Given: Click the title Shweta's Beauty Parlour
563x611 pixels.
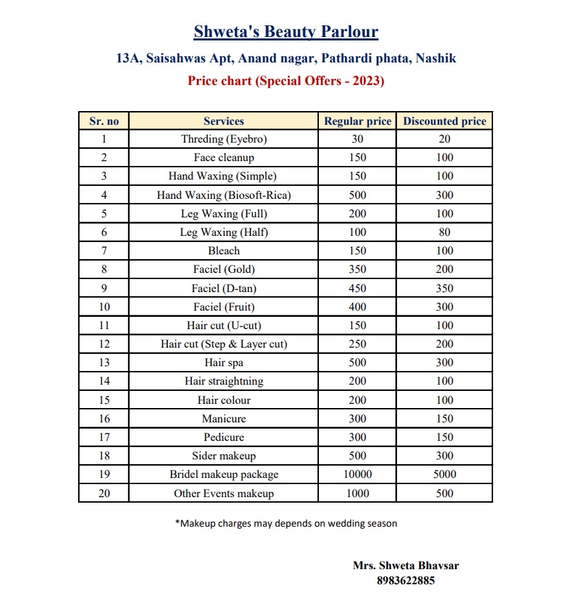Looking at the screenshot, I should click(286, 32).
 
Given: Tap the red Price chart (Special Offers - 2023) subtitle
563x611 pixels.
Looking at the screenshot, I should click(286, 81).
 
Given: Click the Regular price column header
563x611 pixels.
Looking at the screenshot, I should click(357, 121).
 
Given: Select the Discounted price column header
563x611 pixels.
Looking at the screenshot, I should click(444, 121).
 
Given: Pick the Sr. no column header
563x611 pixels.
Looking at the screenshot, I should click(104, 121).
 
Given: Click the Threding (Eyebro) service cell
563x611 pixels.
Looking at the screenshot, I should click(224, 139).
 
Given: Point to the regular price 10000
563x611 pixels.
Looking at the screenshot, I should click(357, 475).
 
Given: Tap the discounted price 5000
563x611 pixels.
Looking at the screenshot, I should click(444, 475).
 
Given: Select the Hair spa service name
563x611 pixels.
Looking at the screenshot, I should click(224, 363).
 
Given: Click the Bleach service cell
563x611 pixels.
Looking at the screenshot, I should click(224, 251).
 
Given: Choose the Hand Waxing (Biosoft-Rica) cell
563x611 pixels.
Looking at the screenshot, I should click(224, 195).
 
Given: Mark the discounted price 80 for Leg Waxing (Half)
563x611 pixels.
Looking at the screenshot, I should click(444, 232).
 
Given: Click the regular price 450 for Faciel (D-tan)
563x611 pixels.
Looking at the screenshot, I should click(357, 289).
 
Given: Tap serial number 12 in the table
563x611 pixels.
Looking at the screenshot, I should click(104, 344).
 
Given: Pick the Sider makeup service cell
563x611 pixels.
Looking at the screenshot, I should click(224, 456).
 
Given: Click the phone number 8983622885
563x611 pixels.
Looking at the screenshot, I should click(405, 581).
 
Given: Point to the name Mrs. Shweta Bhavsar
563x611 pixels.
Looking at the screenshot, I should click(405, 566).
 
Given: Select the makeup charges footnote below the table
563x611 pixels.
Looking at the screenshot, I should click(286, 524).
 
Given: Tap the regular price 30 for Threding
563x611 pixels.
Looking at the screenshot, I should click(357, 139).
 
